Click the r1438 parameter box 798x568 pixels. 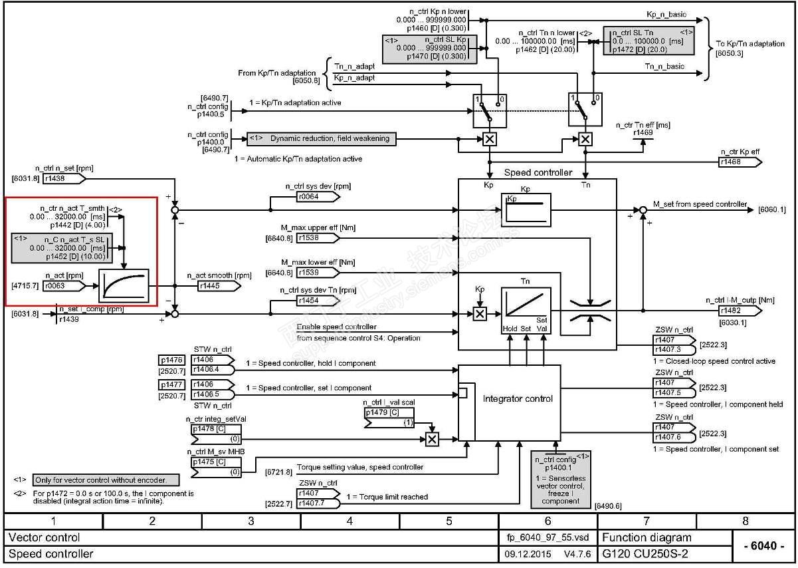pyautogui.click(x=62, y=179)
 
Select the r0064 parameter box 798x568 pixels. pyautogui.click(x=317, y=198)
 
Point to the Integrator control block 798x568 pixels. pyautogui.click(x=509, y=399)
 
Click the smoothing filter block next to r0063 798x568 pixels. pyautogui.click(x=124, y=286)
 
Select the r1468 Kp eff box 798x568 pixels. pyautogui.click(x=738, y=162)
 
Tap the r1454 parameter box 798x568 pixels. pyautogui.click(x=316, y=301)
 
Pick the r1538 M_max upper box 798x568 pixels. pyautogui.click(x=316, y=237)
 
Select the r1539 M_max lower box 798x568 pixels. pyautogui.click(x=316, y=272)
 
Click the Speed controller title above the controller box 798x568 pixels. pyautogui.click(x=538, y=172)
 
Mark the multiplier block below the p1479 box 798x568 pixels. pyautogui.click(x=432, y=439)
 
